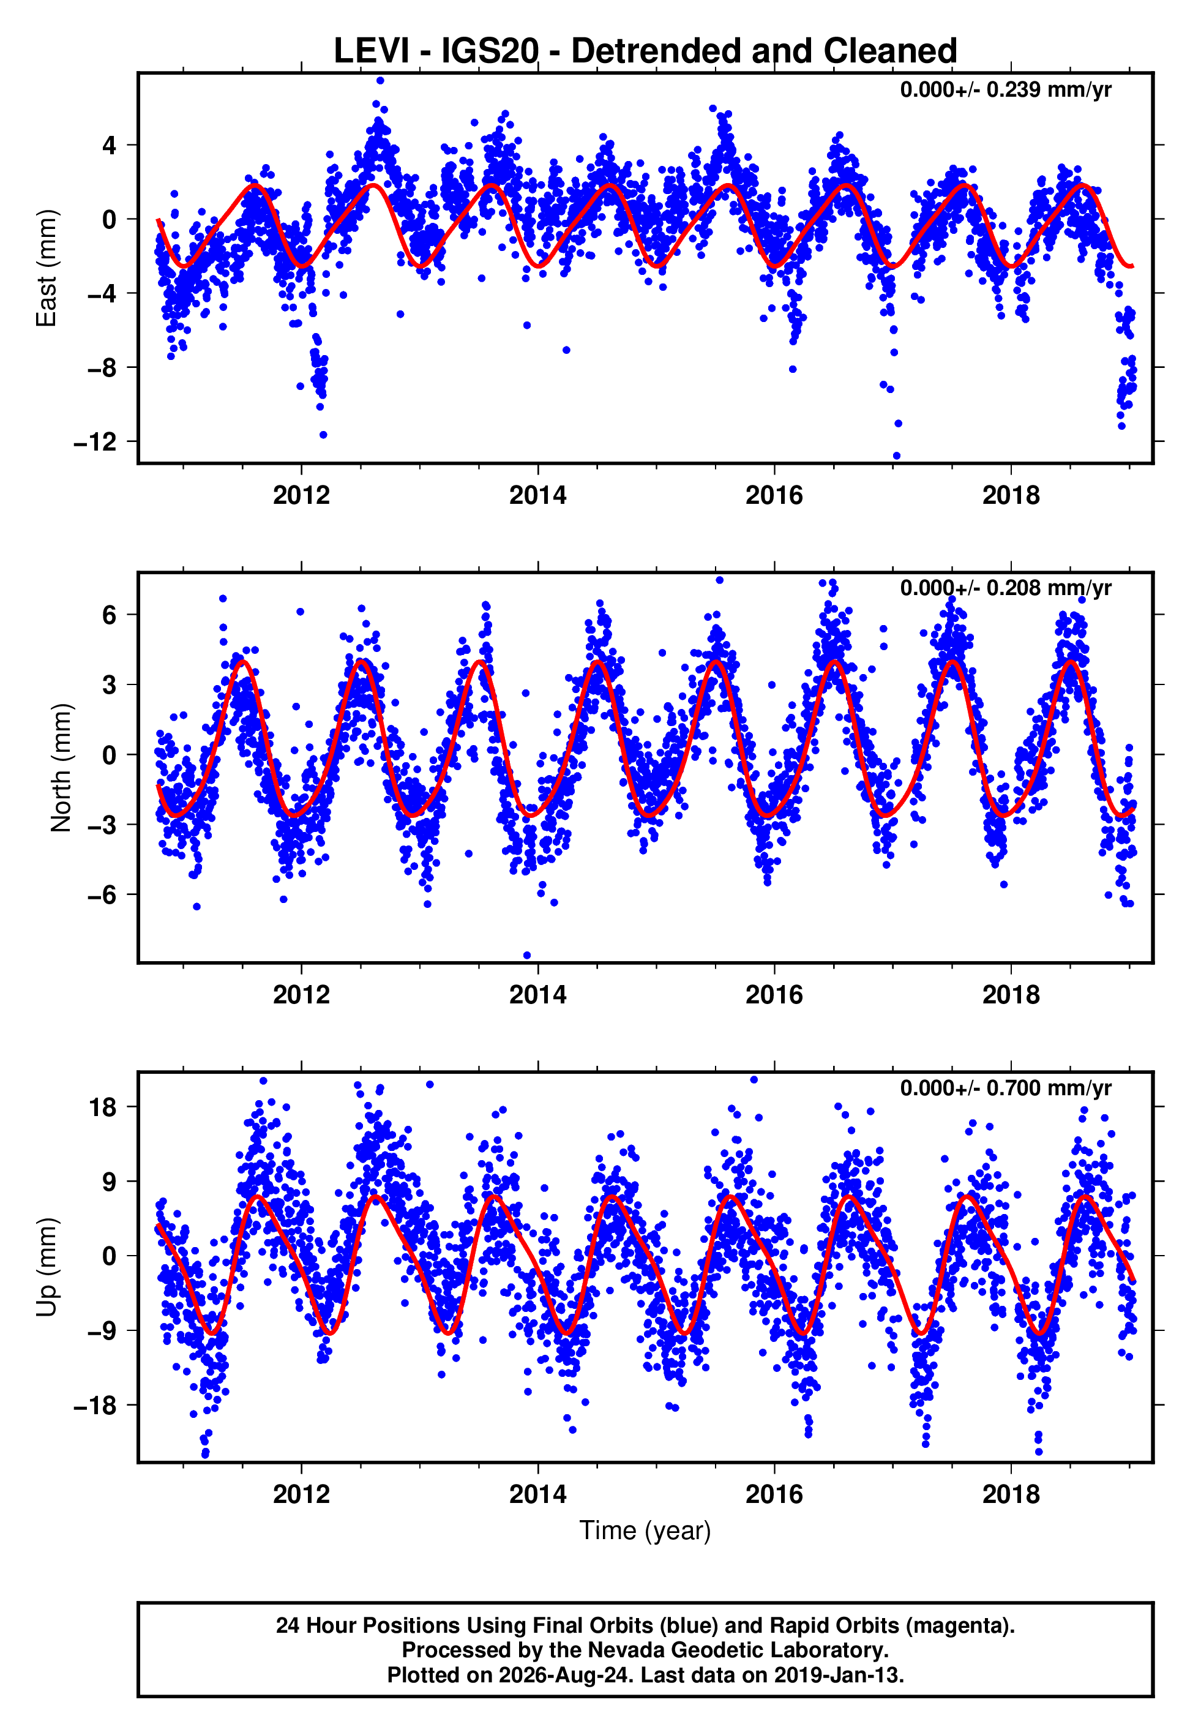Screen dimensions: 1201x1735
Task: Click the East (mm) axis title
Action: click(x=47, y=268)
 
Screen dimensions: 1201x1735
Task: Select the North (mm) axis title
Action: click(x=61, y=768)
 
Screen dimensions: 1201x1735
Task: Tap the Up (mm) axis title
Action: click(x=47, y=1267)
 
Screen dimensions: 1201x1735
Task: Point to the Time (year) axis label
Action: click(x=645, y=1531)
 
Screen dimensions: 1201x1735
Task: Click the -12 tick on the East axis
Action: click(x=95, y=441)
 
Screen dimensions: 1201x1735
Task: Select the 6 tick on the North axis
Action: click(x=110, y=615)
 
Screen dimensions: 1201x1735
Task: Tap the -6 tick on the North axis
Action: click(x=102, y=894)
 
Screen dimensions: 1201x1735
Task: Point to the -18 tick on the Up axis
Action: click(x=95, y=1406)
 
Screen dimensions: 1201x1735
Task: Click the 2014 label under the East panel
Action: click(x=538, y=495)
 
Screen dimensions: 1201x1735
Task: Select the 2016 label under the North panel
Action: click(x=774, y=995)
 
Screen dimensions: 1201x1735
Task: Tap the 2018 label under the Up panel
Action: click(x=1011, y=1494)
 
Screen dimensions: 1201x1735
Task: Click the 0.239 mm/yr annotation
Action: click(x=1049, y=89)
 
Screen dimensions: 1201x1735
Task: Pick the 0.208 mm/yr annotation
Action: click(x=1049, y=588)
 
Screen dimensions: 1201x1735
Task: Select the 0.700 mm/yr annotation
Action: click(x=1049, y=1088)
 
